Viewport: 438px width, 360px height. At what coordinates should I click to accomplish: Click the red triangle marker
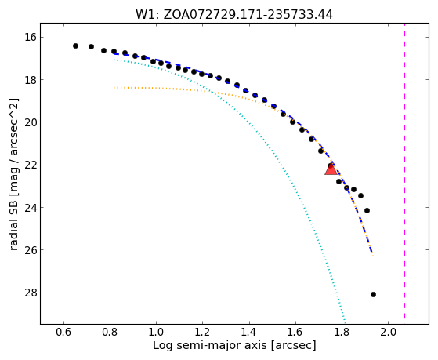[x=331, y=169]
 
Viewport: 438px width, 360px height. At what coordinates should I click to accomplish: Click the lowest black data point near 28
[x=373, y=294]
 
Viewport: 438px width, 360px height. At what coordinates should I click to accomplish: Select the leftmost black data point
[x=75, y=45]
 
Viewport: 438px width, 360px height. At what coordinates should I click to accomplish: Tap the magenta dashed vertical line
[x=404, y=173]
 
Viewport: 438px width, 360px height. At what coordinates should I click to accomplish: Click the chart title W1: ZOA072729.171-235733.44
[x=234, y=15]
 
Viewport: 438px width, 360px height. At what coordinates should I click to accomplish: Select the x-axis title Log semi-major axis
[x=234, y=345]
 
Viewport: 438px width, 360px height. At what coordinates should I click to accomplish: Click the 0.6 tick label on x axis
[x=63, y=333]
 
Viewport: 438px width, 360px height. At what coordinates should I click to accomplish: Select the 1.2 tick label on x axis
[x=202, y=333]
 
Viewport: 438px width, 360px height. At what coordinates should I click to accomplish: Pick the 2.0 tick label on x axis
[x=388, y=333]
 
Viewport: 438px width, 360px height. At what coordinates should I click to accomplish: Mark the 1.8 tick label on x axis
[x=342, y=333]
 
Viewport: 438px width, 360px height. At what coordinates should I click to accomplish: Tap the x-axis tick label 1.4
[x=249, y=333]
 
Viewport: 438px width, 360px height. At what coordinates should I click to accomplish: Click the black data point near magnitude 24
[x=367, y=210]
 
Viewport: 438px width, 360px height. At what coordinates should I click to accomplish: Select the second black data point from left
[x=91, y=46]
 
